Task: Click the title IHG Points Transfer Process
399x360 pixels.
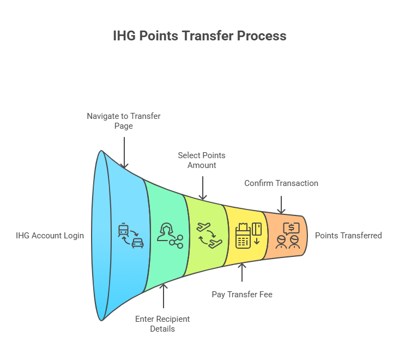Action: coord(199,35)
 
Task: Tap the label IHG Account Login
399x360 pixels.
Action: coord(50,236)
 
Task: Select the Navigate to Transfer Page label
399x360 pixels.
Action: coord(124,121)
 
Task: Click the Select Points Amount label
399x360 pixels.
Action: coord(202,160)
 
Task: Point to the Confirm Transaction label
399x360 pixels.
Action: coord(281,183)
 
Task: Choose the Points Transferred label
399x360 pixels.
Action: coord(348,236)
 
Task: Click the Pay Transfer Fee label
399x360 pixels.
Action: coord(242,295)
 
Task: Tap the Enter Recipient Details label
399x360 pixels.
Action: coord(162,324)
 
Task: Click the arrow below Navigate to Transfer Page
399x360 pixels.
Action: coord(124,153)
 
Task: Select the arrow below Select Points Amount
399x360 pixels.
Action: coord(203,188)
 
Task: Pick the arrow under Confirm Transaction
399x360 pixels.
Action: coord(281,205)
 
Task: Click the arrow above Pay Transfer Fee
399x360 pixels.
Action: coord(242,272)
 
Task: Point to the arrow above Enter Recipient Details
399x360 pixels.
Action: coord(164,296)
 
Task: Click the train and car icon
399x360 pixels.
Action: coord(131,236)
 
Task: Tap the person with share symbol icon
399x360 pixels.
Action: coord(170,236)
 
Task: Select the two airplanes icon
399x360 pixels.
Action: coord(209,236)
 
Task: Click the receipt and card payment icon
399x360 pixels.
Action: coord(249,236)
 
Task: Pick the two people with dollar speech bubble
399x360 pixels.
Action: coord(288,236)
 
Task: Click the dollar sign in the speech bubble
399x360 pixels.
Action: coord(292,227)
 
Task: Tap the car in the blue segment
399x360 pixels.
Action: coord(138,243)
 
